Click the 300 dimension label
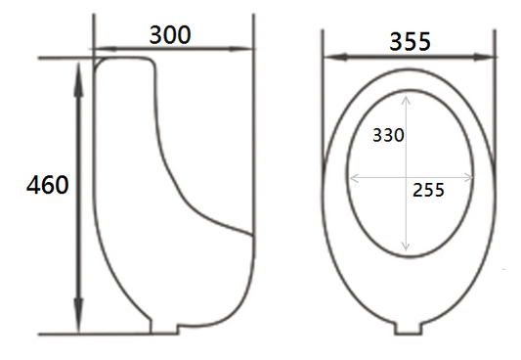coord(170,35)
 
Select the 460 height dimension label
coord(48,185)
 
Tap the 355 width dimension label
coord(410,41)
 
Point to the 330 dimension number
coord(388,135)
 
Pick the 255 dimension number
coord(428,190)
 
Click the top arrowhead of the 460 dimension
coord(78,80)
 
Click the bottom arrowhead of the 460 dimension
coord(78,315)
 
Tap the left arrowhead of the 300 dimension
coord(106,49)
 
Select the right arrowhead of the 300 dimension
coord(240,49)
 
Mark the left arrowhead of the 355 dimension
coord(335,57)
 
